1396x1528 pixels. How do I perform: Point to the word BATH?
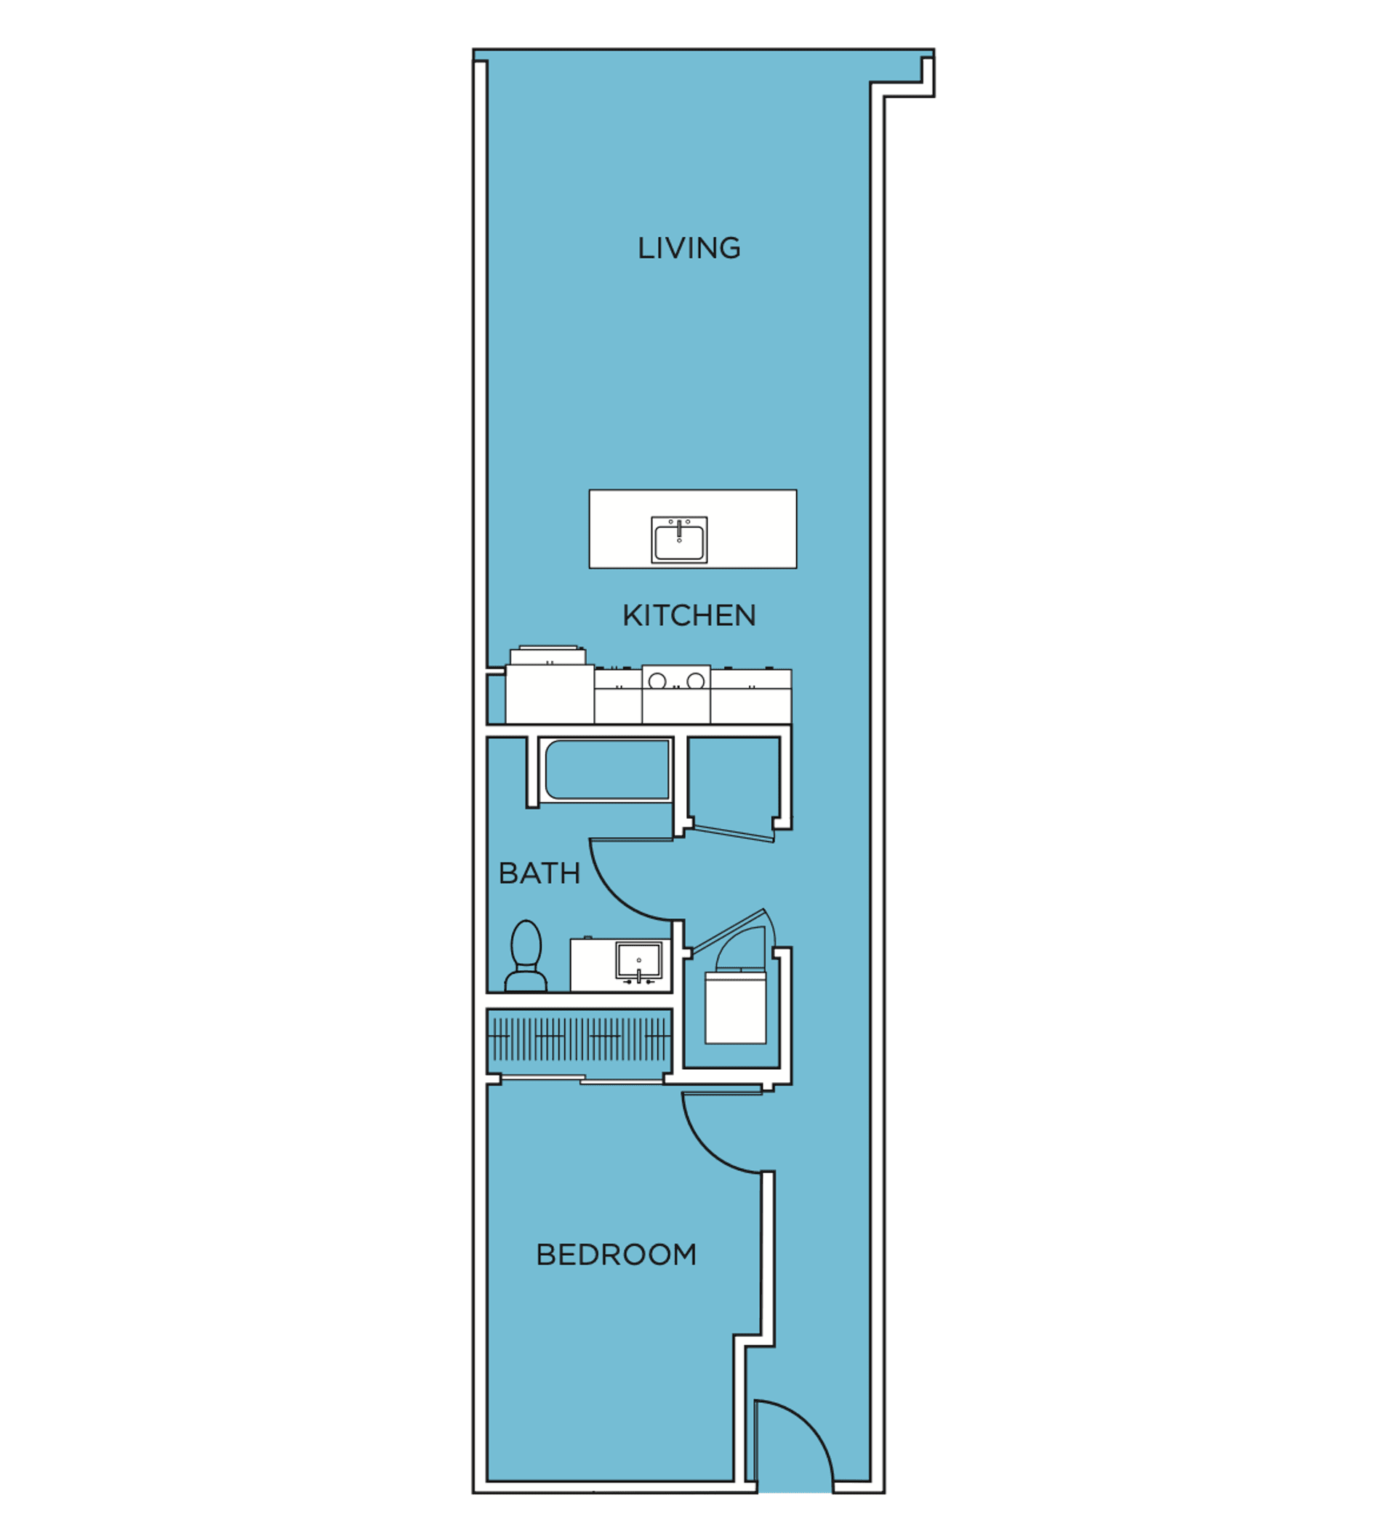539,873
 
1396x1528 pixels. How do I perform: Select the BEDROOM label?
615,1255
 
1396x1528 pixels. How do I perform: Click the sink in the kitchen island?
679,540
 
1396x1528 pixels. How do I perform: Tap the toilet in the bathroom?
526,956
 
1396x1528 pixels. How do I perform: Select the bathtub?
607,769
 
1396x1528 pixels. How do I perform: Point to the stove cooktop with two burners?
676,695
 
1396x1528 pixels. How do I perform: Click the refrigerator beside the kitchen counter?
550,686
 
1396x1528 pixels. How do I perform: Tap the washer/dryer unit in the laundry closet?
735,1007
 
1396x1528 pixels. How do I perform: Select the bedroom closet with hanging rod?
579,1040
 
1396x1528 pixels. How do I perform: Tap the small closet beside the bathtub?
734,780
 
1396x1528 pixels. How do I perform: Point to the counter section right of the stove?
751,696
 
